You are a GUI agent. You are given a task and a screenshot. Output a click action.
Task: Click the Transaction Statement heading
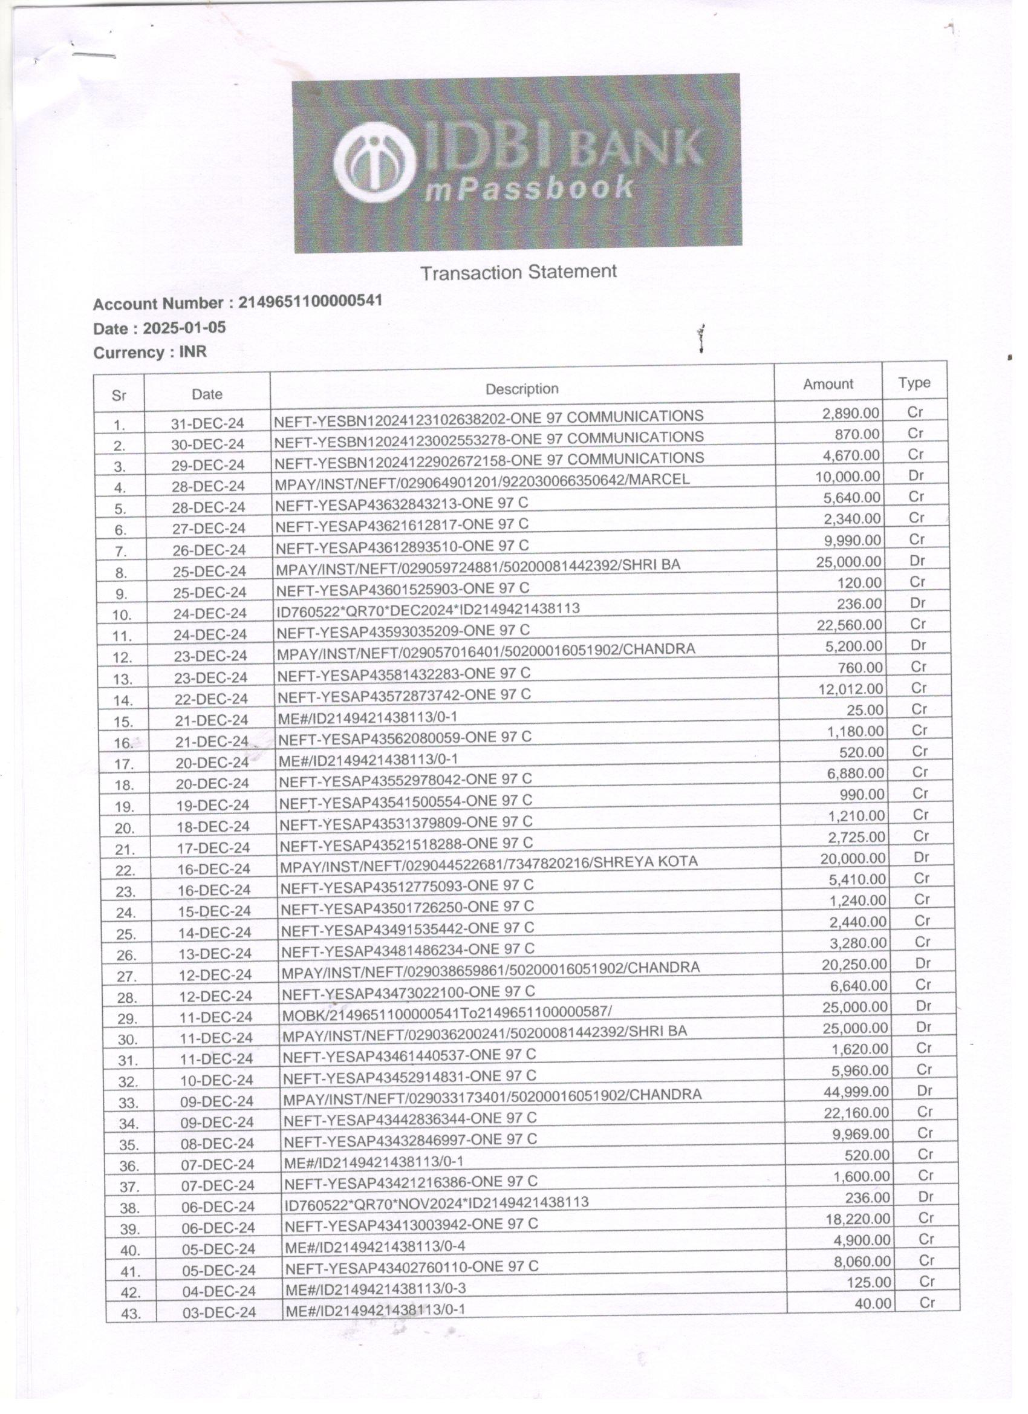click(x=518, y=272)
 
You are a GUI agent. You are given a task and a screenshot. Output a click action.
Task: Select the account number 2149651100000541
click(x=310, y=302)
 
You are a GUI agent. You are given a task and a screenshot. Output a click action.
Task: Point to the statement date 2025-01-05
click(x=184, y=328)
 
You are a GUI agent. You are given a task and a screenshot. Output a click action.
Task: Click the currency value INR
click(x=193, y=352)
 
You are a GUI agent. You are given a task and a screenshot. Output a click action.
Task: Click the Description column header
click(x=522, y=389)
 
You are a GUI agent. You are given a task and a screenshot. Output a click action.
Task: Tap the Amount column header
click(x=827, y=385)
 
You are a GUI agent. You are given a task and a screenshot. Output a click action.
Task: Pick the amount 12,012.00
click(x=850, y=689)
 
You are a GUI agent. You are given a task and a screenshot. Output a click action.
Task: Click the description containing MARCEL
click(x=482, y=481)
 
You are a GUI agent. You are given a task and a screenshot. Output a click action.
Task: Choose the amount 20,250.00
click(x=854, y=965)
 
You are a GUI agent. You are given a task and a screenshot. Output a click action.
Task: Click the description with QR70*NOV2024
click(x=437, y=1202)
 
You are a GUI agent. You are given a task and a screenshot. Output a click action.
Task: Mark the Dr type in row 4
click(x=915, y=476)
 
